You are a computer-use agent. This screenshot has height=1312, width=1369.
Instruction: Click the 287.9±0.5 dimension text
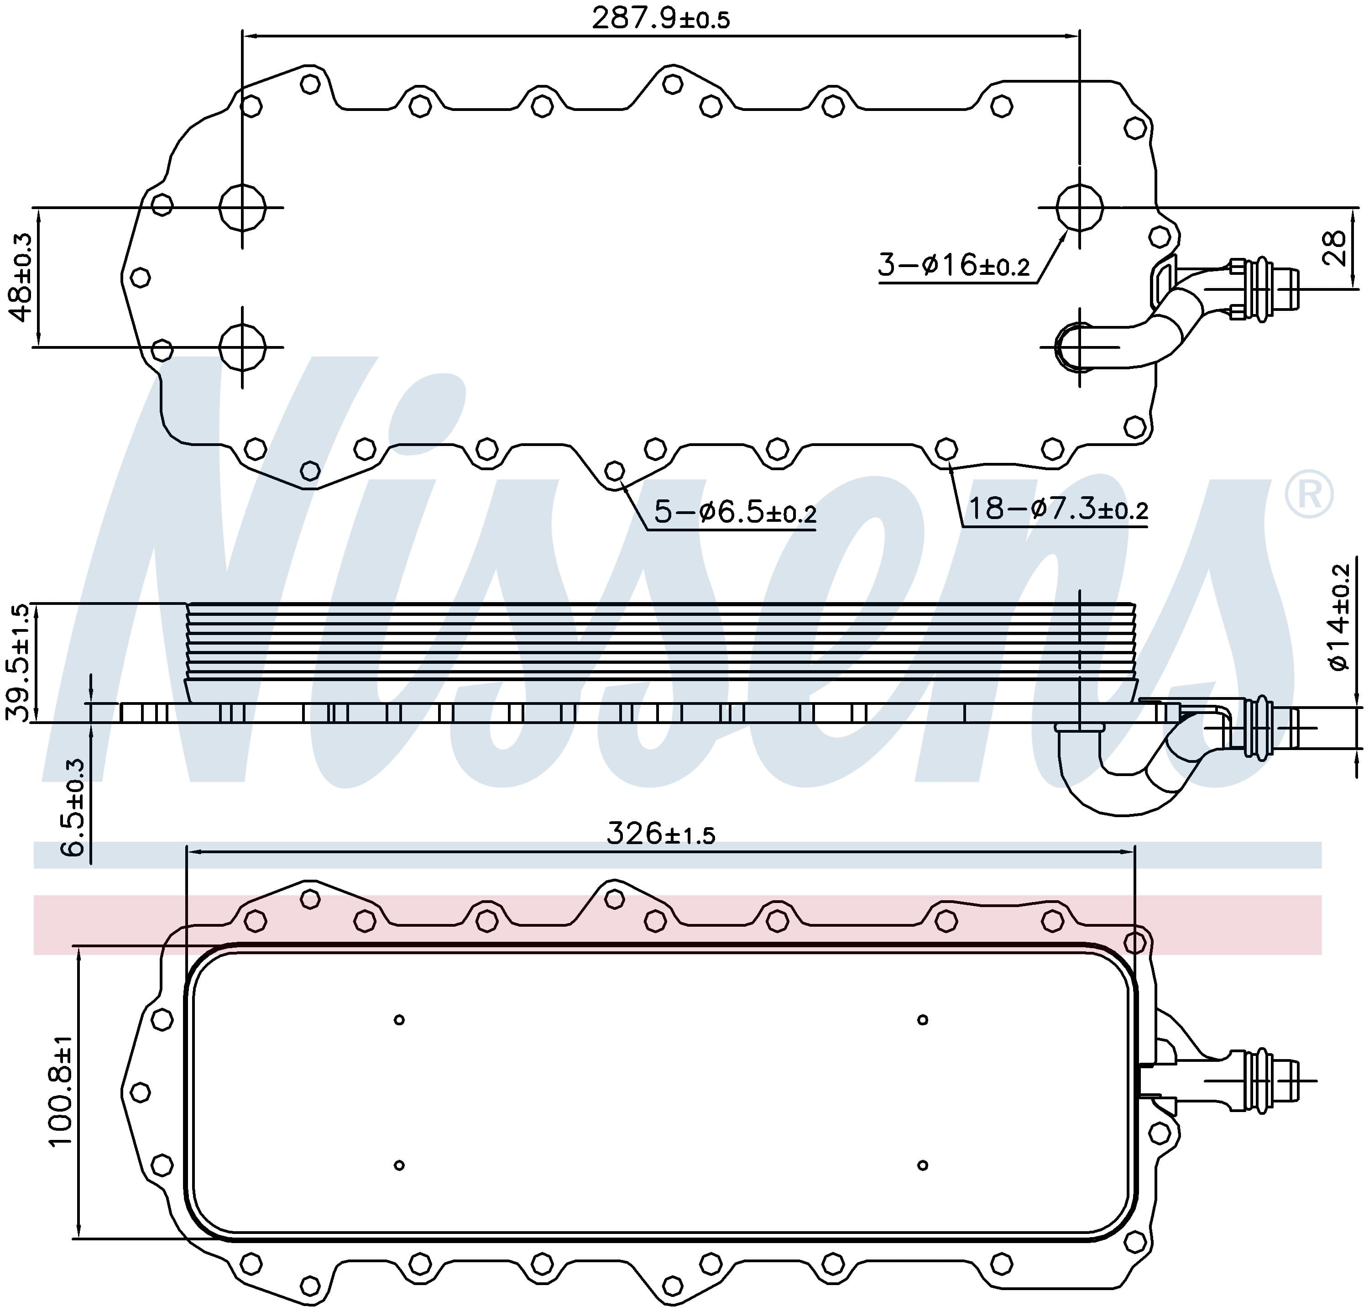click(660, 19)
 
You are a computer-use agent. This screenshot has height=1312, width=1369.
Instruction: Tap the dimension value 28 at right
click(1334, 248)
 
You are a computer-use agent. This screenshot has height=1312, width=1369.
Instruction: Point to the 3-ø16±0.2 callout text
click(953, 266)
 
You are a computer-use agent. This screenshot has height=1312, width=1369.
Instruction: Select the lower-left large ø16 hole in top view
click(242, 346)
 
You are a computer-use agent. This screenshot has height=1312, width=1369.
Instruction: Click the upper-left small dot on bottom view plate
click(399, 1020)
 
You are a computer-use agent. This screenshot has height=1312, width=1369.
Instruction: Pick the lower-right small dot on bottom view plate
click(923, 1165)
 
